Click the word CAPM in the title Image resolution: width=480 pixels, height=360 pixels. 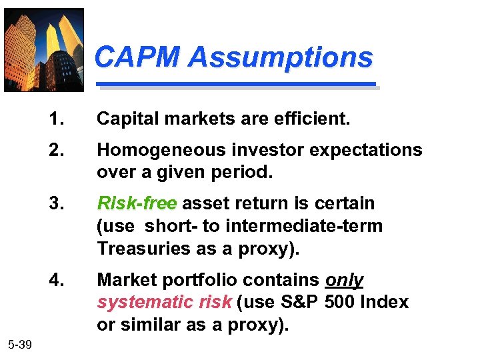click(137, 57)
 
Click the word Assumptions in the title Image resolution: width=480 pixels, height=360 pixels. click(281, 57)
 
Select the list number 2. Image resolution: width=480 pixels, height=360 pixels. click(57, 149)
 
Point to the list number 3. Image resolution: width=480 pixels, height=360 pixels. click(57, 203)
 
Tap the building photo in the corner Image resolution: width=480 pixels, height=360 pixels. click(44, 49)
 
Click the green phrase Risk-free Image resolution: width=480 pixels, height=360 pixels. click(137, 203)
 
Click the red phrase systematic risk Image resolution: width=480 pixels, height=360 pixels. click(164, 302)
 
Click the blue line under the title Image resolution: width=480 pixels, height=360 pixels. click(237, 85)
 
